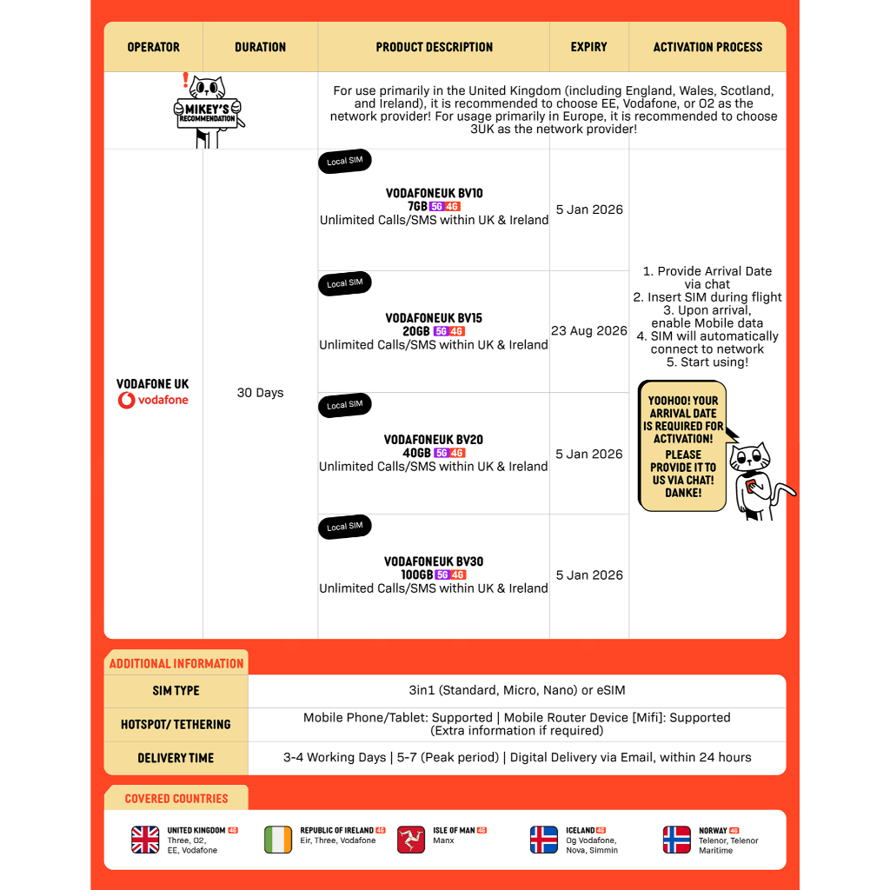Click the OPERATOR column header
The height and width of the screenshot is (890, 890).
coord(153,47)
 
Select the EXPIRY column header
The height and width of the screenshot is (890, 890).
coord(588,47)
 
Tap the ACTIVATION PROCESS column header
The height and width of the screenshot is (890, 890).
coord(707,47)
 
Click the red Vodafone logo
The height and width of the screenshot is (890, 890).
coord(153,401)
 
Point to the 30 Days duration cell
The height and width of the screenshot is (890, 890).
coord(260,393)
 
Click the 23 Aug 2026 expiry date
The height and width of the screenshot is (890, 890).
coord(589,331)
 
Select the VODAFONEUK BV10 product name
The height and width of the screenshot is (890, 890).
coord(434,193)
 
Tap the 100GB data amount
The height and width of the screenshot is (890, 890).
coord(417,575)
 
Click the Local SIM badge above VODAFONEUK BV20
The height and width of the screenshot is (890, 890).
coord(345,405)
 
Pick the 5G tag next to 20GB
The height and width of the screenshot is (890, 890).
coord(441,331)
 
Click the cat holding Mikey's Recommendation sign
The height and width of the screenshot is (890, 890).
coord(208,110)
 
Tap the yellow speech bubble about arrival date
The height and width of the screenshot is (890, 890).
coord(683,446)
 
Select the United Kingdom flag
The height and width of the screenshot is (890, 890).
coord(145,840)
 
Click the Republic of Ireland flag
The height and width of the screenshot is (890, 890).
coord(278,840)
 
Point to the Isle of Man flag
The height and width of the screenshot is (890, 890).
coord(411,840)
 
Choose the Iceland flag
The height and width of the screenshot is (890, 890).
coord(544,840)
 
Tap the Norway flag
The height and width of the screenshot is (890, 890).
coord(677,840)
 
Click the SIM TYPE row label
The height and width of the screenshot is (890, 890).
coord(176,691)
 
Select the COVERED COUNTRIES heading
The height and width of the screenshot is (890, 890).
coord(176,799)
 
